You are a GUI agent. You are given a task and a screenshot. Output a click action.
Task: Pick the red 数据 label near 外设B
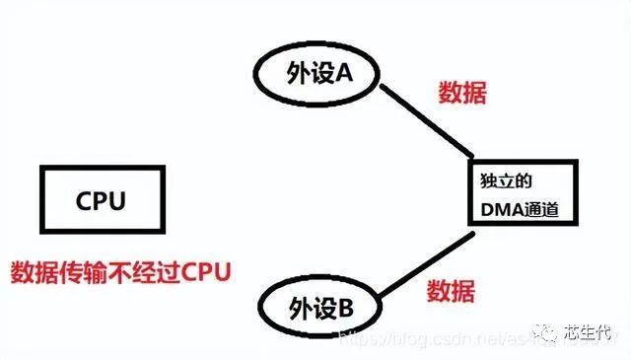[452, 291]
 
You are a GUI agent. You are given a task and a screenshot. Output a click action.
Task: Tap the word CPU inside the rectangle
[102, 202]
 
